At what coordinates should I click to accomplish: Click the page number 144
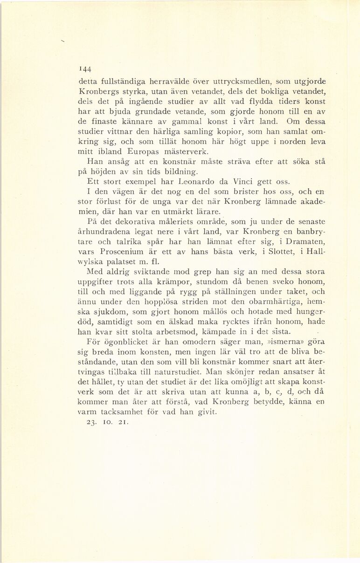tap(84, 71)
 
